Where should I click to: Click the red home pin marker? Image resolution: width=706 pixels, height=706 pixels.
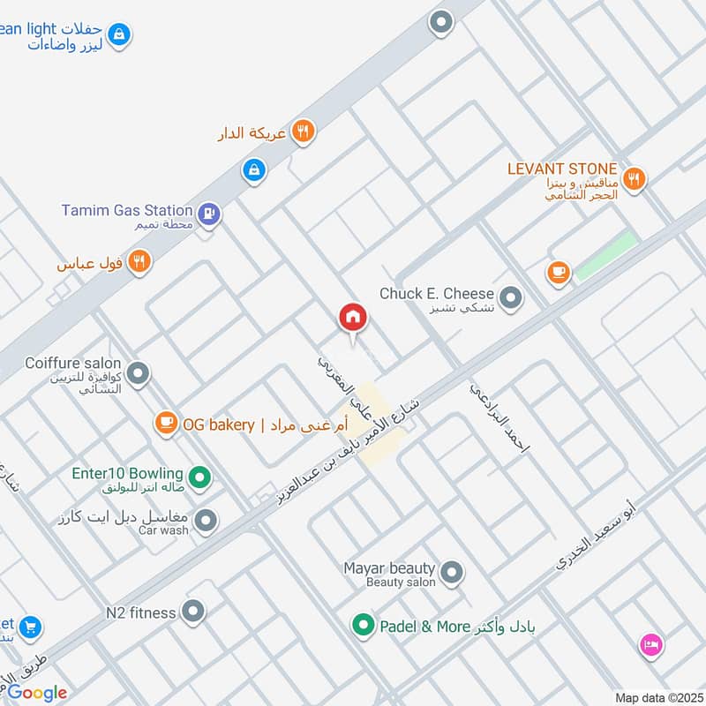(353, 318)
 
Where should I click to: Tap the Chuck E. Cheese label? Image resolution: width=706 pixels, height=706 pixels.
(437, 294)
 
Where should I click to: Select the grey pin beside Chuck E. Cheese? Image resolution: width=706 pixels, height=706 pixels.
(510, 300)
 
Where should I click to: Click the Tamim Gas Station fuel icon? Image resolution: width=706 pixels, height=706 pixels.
(209, 213)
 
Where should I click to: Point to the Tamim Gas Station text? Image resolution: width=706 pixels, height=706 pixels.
(126, 210)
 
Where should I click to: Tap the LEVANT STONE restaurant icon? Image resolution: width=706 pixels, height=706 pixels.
(633, 180)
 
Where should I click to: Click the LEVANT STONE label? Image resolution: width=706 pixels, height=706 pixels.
(561, 169)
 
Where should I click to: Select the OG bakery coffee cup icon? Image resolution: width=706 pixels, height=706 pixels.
(165, 424)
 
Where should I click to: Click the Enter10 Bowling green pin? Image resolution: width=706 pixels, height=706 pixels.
(201, 477)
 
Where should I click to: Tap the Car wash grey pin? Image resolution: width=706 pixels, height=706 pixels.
(206, 522)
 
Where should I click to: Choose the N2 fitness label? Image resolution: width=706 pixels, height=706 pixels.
(141, 611)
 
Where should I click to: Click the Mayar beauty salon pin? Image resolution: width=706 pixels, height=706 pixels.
(451, 575)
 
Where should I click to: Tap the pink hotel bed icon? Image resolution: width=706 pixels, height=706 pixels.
(650, 645)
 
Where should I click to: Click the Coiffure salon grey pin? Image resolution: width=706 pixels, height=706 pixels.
(137, 374)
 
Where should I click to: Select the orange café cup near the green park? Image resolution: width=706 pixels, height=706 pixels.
(558, 273)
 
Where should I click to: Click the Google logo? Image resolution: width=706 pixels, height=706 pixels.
(38, 693)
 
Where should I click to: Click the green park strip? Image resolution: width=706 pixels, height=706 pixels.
(606, 256)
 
